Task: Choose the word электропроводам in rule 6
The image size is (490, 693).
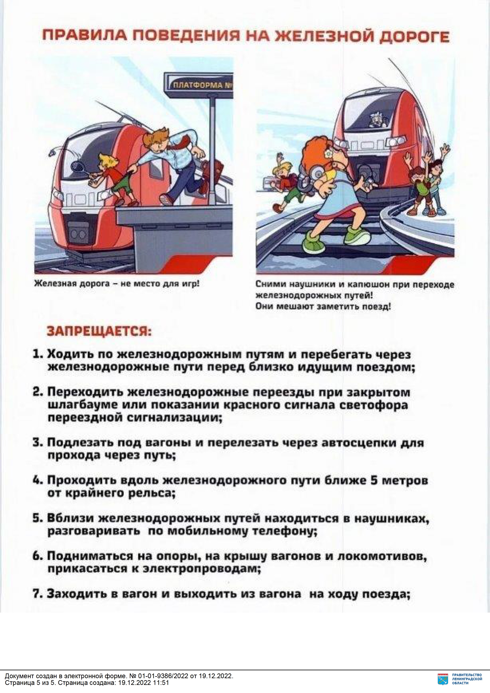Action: [x=202, y=569]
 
